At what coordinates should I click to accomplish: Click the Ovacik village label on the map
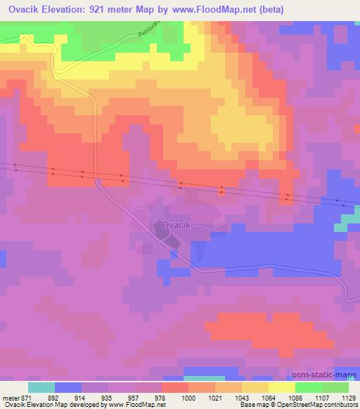[176, 225]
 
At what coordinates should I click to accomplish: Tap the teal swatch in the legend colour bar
[41, 387]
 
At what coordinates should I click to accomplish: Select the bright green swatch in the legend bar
[308, 387]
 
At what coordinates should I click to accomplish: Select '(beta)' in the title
[270, 11]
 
